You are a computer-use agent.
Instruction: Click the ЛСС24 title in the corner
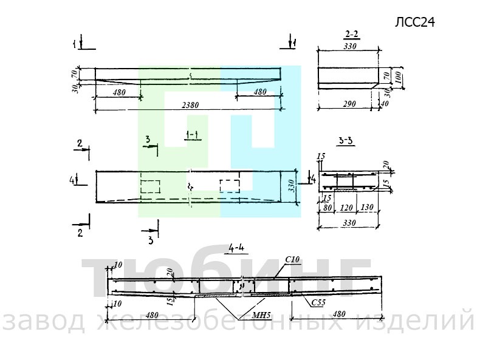[416, 22]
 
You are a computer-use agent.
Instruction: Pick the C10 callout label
[292, 260]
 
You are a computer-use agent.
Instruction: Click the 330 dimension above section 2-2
[349, 46]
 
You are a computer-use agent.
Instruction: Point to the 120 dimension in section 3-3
[347, 206]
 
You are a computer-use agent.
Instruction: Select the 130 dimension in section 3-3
[366, 206]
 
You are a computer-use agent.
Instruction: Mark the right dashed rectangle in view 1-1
[230, 186]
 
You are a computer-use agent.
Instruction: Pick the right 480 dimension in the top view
[259, 92]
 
